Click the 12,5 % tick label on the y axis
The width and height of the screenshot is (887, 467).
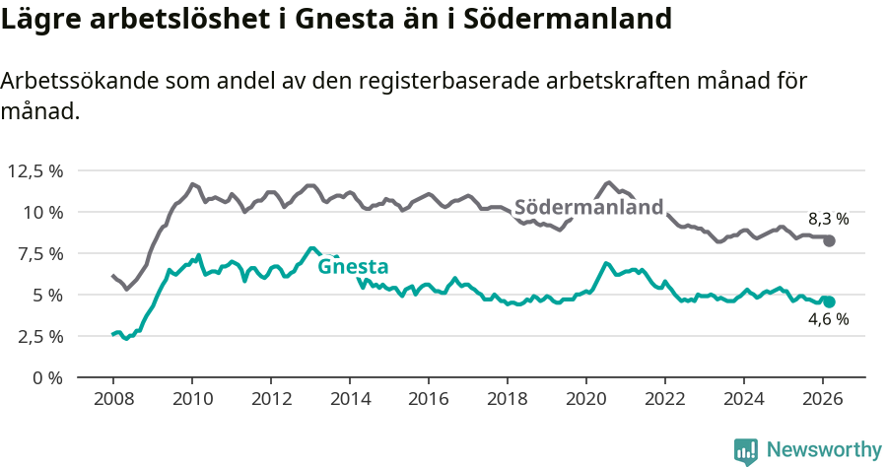(34, 170)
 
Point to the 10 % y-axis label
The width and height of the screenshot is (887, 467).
(41, 212)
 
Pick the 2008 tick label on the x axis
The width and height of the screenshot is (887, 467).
(112, 398)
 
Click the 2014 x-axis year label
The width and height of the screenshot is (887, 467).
(350, 398)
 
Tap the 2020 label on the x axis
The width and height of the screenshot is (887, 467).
(586, 398)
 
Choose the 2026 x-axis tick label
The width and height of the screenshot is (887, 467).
(823, 398)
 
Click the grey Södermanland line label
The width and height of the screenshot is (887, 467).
(588, 208)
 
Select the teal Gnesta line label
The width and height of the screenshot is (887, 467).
(352, 266)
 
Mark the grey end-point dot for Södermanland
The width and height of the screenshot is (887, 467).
(830, 240)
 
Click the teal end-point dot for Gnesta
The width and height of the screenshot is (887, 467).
(830, 301)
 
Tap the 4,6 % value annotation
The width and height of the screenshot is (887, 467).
(828, 320)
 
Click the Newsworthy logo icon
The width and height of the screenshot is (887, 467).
(745, 450)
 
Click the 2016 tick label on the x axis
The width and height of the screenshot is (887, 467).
(429, 398)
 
